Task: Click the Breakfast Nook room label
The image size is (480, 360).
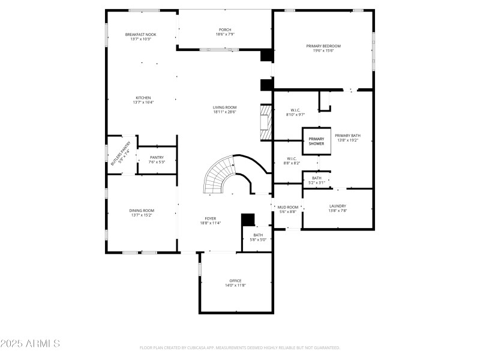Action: pos(140,35)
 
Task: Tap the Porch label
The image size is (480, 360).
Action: pos(225,30)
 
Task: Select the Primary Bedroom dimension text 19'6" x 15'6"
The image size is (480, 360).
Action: pos(323,51)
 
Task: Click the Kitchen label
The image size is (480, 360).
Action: pos(143,98)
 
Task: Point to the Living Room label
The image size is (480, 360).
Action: pos(224,107)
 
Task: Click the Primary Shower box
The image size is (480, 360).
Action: pos(316,142)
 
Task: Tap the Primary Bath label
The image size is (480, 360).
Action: pos(347,136)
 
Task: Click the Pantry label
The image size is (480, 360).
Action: pos(157,157)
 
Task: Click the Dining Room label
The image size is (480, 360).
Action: pos(142,211)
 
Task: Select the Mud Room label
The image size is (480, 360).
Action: pos(287,207)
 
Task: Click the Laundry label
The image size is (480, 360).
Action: pos(337,206)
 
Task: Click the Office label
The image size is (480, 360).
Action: pos(235,281)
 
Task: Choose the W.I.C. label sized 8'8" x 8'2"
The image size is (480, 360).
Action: pos(292,159)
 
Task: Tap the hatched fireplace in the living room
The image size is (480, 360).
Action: pos(265,122)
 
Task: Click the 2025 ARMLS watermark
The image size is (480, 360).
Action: pos(30,344)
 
